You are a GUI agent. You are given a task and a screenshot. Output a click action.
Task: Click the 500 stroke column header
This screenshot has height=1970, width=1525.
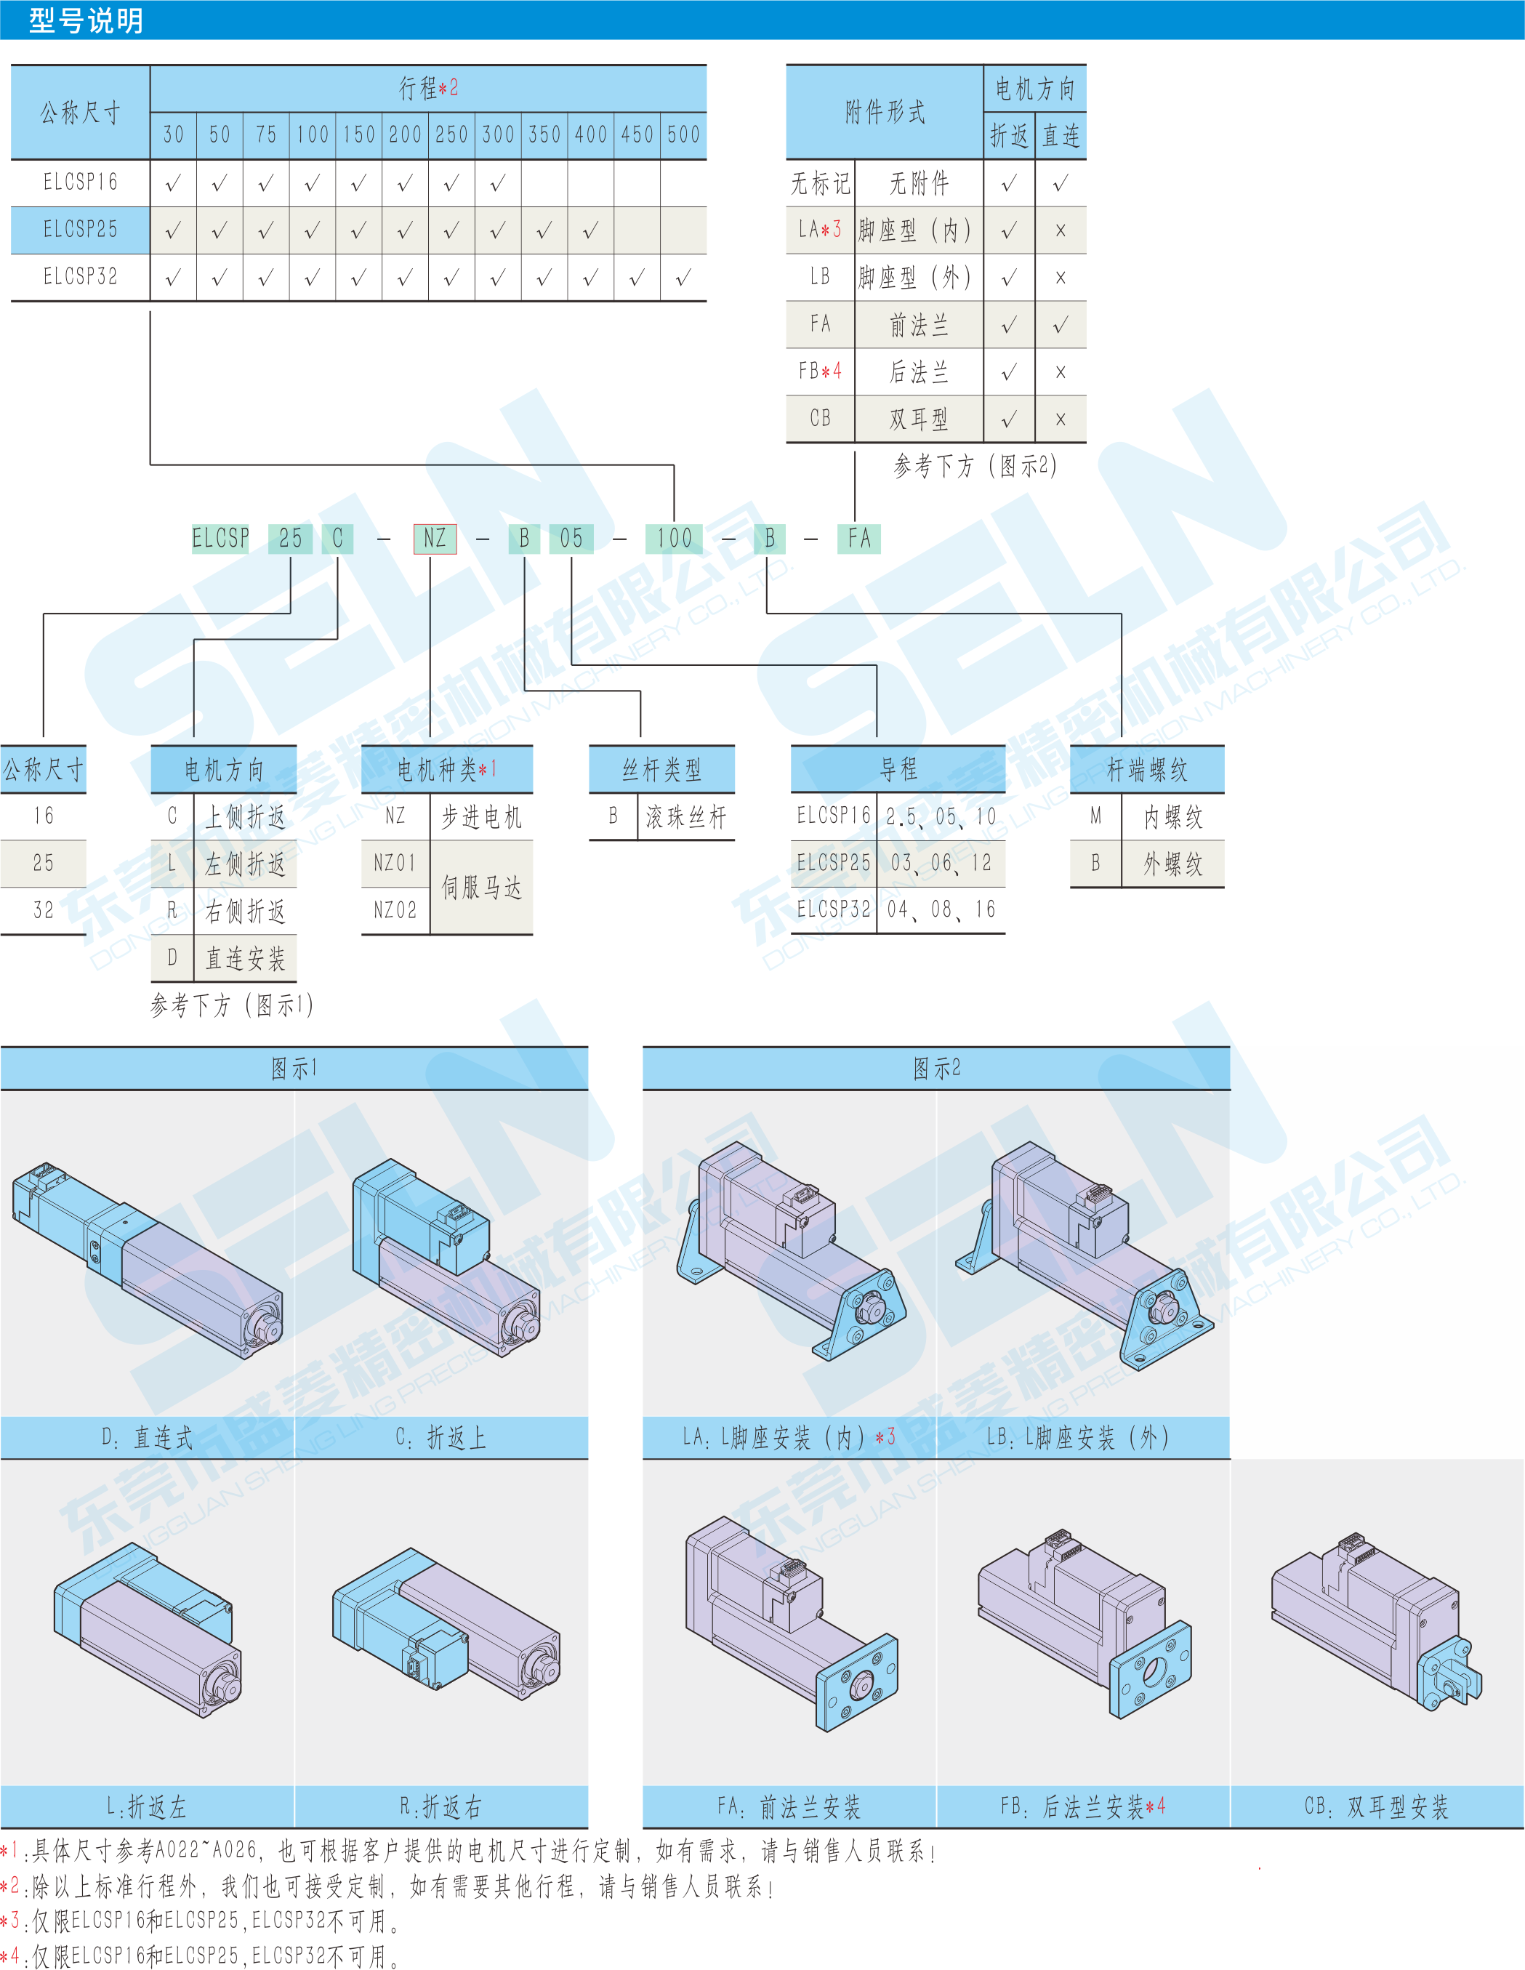tap(683, 134)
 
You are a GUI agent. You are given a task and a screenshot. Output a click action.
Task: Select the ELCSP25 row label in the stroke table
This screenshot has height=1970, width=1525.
tap(80, 229)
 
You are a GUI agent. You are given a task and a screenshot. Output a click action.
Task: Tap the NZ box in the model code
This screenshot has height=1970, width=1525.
tap(435, 539)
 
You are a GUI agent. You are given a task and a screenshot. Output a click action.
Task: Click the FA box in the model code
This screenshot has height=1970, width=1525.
tap(858, 539)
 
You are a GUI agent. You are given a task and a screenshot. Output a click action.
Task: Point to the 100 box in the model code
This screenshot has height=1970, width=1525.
tap(674, 539)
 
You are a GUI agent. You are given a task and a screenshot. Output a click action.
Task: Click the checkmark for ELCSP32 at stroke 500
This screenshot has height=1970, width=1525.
tap(683, 277)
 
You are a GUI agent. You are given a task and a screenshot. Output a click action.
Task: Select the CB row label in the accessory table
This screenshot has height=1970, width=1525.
tap(820, 419)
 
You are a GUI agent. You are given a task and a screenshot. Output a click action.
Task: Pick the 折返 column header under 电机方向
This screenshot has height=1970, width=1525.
tap(1008, 136)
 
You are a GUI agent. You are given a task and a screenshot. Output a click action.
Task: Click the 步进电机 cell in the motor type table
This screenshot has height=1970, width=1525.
tap(480, 817)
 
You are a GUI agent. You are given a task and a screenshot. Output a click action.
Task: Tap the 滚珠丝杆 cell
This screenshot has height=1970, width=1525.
tap(685, 817)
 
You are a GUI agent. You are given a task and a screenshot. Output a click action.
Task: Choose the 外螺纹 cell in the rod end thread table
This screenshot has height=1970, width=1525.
tap(1172, 864)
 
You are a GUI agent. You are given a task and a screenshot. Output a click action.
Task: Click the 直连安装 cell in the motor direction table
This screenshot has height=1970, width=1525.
tap(244, 958)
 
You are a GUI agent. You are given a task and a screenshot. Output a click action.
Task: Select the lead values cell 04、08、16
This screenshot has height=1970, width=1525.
tap(941, 909)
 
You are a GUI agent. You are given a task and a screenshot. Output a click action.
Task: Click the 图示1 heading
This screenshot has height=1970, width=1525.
tap(294, 1069)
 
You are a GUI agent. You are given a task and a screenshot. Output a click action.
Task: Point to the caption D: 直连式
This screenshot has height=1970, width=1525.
tap(147, 1438)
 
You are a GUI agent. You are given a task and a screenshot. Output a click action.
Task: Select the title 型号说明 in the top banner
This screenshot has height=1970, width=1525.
tap(86, 20)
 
